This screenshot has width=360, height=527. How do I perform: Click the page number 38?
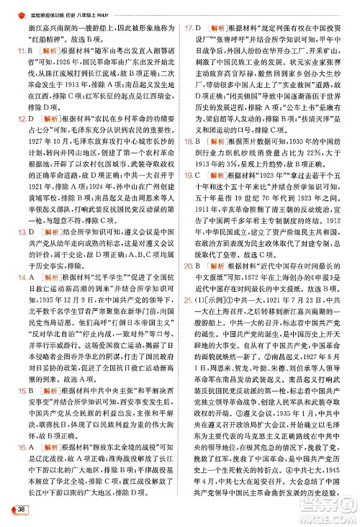pyautogui.click(x=22, y=510)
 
